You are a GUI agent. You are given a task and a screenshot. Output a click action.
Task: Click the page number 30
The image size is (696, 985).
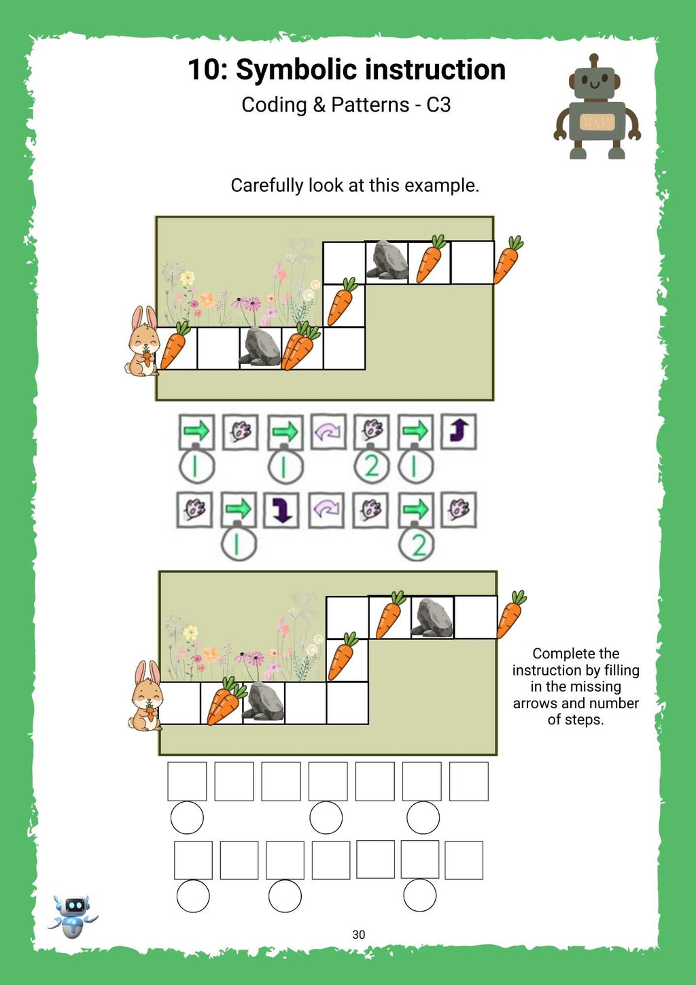click(358, 935)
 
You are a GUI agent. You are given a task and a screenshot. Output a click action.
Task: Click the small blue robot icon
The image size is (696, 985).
click(73, 916)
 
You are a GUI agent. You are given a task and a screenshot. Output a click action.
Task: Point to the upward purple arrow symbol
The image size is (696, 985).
click(459, 431)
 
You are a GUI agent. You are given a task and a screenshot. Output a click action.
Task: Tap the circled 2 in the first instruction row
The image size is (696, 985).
click(372, 467)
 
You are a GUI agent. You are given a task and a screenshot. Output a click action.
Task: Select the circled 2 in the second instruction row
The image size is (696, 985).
click(417, 546)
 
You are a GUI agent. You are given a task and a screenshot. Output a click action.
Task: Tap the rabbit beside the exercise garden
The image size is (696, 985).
click(146, 697)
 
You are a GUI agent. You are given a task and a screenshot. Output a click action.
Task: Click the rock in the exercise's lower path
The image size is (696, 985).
click(264, 701)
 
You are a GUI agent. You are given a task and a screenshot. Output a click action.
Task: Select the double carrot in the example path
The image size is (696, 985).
click(300, 346)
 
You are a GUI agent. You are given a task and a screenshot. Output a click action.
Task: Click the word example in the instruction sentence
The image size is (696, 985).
click(442, 185)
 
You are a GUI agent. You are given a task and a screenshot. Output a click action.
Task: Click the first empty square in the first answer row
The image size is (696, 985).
click(187, 781)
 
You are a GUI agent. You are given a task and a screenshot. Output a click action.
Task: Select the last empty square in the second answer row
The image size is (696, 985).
click(464, 860)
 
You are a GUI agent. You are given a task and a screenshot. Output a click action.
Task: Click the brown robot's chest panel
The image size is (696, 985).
click(597, 122)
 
